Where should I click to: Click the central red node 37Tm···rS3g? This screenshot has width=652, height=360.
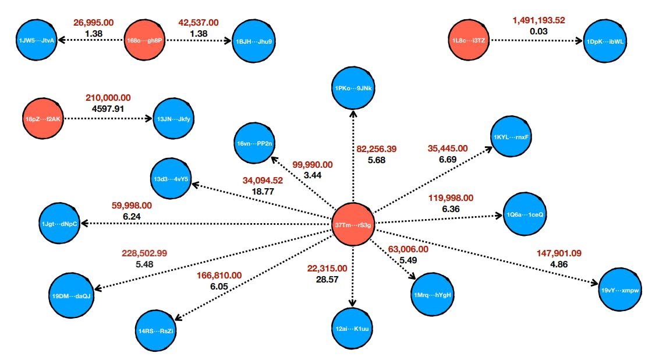click(353, 225)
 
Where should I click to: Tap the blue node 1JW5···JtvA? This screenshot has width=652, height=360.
click(37, 40)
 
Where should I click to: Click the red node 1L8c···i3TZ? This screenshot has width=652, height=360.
click(469, 41)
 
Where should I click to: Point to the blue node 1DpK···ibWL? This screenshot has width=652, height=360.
click(605, 41)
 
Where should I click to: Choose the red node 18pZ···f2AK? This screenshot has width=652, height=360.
click(44, 119)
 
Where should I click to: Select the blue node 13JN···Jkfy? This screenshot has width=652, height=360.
click(174, 119)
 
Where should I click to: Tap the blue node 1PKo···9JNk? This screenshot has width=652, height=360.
click(353, 88)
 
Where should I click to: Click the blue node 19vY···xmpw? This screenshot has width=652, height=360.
click(620, 289)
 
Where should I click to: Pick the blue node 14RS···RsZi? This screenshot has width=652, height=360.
click(156, 331)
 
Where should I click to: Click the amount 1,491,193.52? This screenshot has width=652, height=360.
click(538, 21)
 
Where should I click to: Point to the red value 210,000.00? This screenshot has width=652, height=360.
click(108, 97)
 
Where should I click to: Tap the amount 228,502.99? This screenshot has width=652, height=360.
click(144, 253)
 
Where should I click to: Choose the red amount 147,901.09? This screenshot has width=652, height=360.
click(559, 253)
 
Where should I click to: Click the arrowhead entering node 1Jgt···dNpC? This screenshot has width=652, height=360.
click(84, 223)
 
